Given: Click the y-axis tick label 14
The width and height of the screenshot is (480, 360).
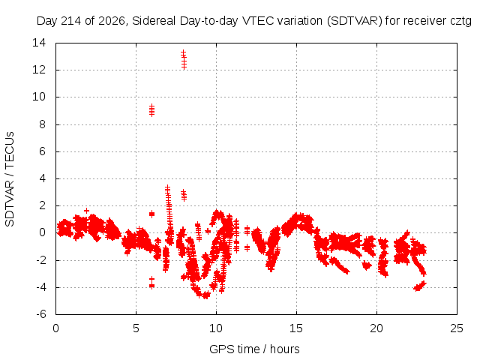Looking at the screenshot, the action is coord(39,43).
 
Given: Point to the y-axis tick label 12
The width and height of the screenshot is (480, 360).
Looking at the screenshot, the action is coord(39,70).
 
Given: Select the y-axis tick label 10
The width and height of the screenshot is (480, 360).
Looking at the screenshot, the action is coord(39,97).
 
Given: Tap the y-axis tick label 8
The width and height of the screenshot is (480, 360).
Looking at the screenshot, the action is coord(42,124).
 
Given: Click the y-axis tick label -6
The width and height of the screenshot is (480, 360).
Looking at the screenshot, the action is coord(41,314).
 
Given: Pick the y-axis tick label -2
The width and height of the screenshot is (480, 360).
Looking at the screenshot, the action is coord(41,260).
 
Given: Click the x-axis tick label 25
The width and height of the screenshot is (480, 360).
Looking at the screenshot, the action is coord(457,328).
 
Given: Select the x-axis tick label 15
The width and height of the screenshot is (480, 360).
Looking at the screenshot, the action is coord(296,328).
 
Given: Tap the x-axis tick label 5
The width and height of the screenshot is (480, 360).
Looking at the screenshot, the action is coord(136,328).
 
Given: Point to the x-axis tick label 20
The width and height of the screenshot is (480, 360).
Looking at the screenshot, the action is coord(376,328).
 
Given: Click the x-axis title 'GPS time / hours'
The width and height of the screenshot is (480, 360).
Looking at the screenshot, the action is coord(254,349).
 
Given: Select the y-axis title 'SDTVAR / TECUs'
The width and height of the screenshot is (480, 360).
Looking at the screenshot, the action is coord(10,179).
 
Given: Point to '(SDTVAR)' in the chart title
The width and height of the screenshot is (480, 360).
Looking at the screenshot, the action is coord(355,21).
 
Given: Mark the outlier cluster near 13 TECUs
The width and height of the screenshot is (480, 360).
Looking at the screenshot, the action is coord(183,60).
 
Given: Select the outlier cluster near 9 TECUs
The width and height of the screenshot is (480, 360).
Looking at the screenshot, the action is coord(151,110).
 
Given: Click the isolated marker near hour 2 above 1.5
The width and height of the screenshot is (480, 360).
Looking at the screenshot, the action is coord(87,211).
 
